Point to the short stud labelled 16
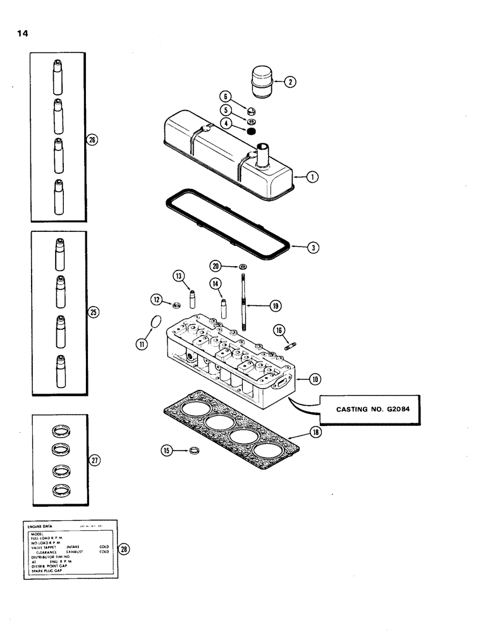click(x=292, y=345)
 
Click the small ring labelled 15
click(x=196, y=451)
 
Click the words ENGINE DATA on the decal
click(x=41, y=525)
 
